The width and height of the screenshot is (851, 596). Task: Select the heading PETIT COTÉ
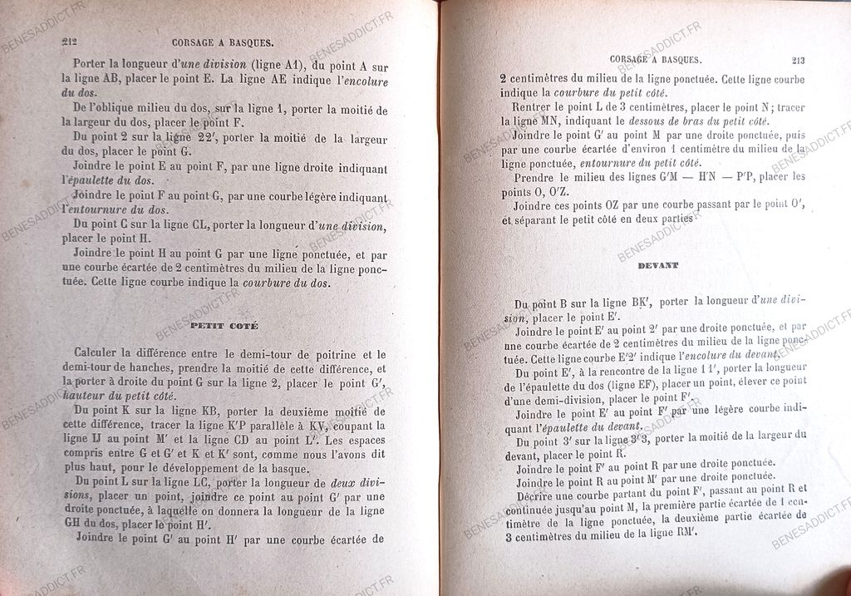point(224,326)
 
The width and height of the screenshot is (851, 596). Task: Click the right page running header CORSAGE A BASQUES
point(656,59)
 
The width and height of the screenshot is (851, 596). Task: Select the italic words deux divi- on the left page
point(357,482)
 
